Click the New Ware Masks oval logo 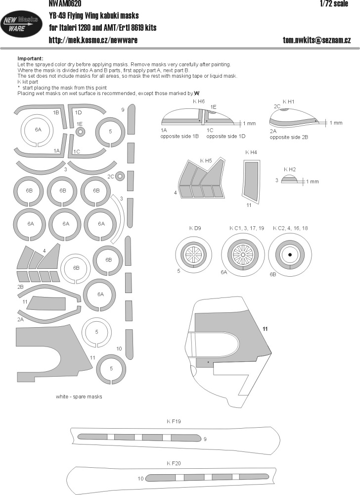click(21, 24)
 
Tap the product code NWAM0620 click(65, 3)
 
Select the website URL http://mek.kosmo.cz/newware click(93, 40)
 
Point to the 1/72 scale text click(334, 3)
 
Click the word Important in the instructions click(30, 59)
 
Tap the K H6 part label click(199, 101)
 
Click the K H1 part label click(288, 101)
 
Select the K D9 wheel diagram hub click(193, 253)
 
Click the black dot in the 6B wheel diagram click(290, 254)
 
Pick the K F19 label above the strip click(174, 421)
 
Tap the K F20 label click(174, 463)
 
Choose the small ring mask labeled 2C click(120, 176)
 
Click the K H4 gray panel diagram click(251, 180)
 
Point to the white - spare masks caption click(79, 396)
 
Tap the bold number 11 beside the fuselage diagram click(265, 329)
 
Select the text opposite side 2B click(289, 137)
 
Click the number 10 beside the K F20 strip click(140, 479)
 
